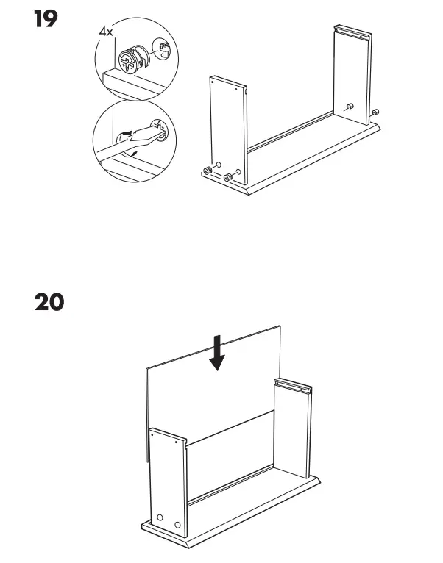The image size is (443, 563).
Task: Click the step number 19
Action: (x=46, y=19)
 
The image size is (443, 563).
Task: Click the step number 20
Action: (x=49, y=301)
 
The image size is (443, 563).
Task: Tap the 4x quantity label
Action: (x=107, y=33)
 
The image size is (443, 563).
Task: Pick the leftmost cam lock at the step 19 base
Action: (x=208, y=171)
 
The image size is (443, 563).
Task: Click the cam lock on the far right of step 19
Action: (x=376, y=112)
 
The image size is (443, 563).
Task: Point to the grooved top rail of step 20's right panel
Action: (x=294, y=384)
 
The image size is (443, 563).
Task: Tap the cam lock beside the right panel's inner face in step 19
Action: (x=351, y=107)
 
